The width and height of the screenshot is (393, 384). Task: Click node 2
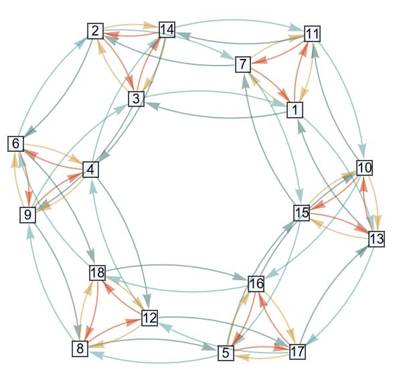(96, 31)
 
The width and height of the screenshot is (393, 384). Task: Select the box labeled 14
(167, 29)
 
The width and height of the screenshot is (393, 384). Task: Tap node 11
(312, 33)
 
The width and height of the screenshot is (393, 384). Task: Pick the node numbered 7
(243, 64)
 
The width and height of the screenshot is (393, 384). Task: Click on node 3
(136, 98)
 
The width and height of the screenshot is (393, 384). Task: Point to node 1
(295, 110)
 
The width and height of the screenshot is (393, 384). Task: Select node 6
(16, 144)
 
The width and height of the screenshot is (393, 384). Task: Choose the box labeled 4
(90, 169)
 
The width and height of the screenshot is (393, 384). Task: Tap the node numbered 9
(28, 215)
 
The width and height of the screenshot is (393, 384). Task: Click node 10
(364, 167)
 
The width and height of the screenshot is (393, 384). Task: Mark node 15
(302, 213)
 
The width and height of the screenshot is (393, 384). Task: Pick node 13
(376, 239)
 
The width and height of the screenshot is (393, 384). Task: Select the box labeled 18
(98, 273)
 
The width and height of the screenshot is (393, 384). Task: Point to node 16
(256, 284)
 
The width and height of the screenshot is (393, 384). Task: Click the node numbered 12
(149, 318)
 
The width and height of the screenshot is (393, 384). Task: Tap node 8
(80, 349)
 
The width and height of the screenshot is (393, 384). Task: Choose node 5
(226, 353)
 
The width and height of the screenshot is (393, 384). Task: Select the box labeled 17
(297, 351)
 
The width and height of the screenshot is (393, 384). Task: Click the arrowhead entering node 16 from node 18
(240, 277)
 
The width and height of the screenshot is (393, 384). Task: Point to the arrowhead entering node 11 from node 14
(297, 27)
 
